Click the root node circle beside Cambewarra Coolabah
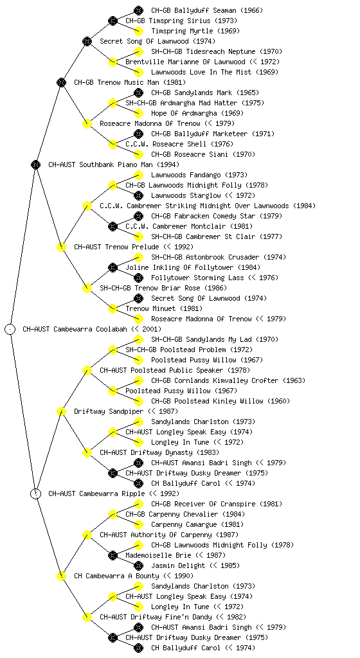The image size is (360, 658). tap(10, 330)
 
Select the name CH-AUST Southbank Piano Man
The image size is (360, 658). tap(100, 165)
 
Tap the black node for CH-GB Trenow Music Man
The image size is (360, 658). tap(61, 82)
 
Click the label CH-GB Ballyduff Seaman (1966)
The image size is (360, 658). tap(207, 10)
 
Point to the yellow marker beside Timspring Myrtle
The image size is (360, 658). tap(138, 31)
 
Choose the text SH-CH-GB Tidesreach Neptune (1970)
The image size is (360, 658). tap(217, 51)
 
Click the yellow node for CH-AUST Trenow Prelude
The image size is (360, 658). tap(61, 247)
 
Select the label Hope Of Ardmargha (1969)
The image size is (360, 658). tap(197, 113)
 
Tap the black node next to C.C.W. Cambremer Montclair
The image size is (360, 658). tap(113, 227)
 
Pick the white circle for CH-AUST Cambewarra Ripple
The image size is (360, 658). tap(36, 494)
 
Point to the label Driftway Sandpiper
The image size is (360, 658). tap(109, 412)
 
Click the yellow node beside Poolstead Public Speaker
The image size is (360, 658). tap(87, 371)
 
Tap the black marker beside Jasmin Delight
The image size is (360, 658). tap(138, 565)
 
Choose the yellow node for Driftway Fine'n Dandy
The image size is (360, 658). tap(87, 618)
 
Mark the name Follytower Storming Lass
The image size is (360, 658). tap(197, 278)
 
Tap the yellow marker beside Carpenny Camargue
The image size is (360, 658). tap(138, 524)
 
